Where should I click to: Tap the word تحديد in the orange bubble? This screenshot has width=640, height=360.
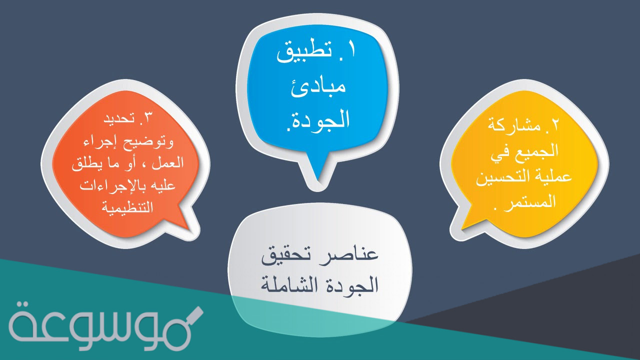coord(119,120)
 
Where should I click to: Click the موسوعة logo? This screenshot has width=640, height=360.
coord(105,325)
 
